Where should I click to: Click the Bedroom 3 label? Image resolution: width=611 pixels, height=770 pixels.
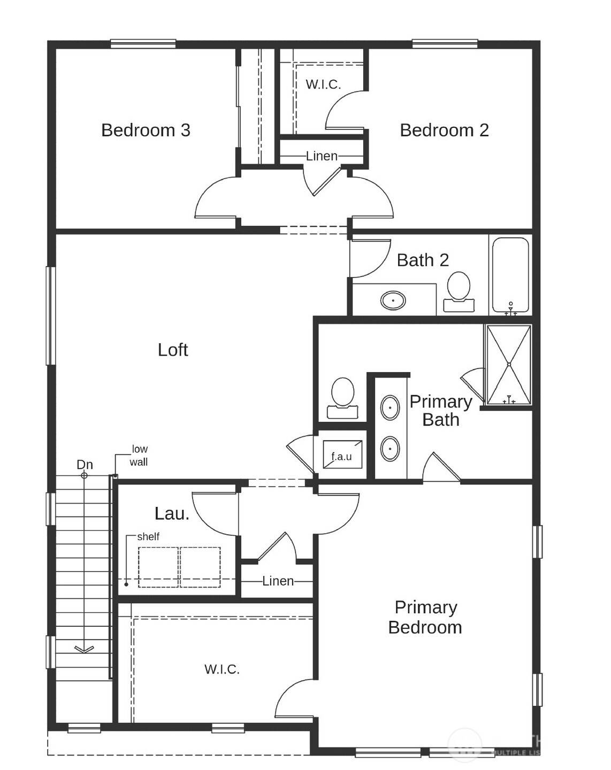coord(146,130)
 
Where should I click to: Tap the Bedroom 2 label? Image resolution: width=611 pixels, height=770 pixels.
coord(444,130)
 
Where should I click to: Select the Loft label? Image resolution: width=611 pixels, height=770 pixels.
coord(173,350)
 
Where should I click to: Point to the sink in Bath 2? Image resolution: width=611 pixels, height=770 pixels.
coord(393,301)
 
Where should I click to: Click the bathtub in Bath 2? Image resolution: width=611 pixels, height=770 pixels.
coord(510,275)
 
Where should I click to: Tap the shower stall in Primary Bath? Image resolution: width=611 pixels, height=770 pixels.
coord(508,365)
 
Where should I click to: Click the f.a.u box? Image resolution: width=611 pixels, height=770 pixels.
coord(342,455)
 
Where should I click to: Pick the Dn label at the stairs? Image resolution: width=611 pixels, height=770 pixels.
coord(85,464)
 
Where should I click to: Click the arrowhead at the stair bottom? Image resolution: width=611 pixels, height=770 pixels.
coord(84,649)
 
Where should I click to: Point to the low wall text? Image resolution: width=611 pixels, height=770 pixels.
coord(139,456)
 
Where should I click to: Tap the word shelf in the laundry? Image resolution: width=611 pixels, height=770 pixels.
coord(148,536)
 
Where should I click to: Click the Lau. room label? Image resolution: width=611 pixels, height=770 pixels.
coord(172,513)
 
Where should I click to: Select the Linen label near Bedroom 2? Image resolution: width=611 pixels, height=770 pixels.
coord(322,156)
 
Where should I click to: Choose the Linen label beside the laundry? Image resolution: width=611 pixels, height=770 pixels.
coord(278,581)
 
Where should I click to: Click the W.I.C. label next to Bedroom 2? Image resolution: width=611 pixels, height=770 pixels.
coord(323,84)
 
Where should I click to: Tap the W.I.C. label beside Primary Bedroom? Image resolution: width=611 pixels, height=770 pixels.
coord(222,669)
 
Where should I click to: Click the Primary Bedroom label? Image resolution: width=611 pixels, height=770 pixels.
coord(425,617)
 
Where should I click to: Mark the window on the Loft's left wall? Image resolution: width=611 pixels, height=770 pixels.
coord(51,315)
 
